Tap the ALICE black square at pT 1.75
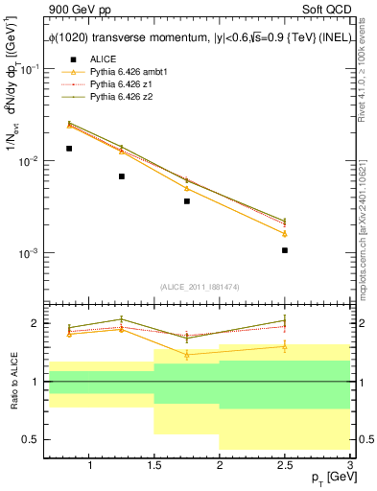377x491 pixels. click(187, 201)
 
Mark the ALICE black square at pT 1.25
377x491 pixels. click(122, 176)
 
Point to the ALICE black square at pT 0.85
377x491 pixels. click(69, 149)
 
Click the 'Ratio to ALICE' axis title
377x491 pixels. click(12, 382)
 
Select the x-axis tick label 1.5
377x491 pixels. click(154, 466)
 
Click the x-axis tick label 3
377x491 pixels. click(349, 466)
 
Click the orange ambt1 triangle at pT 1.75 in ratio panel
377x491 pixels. click(187, 354)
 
